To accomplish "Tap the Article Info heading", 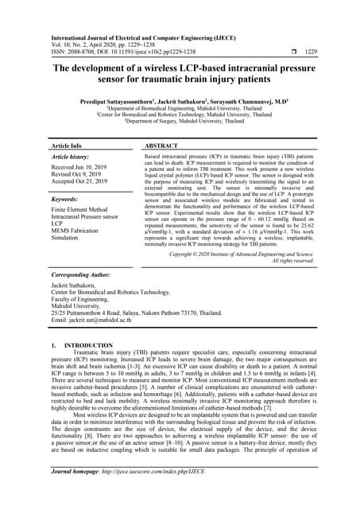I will [x=66, y=146].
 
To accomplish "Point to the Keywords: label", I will [x=69, y=200].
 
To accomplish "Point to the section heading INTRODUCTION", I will [x=89, y=346].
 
